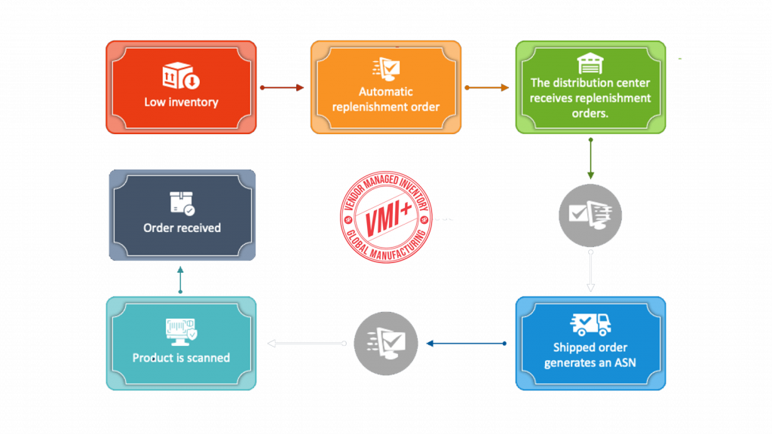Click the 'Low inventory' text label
pos(181,102)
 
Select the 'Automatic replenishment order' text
pos(386,99)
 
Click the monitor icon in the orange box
pos(386,69)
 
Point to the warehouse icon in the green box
pos(590,63)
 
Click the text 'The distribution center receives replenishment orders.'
pos(590,98)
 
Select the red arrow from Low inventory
pos(283,87)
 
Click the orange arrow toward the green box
pos(488,87)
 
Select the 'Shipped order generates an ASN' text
pos(590,355)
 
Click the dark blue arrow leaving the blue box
pos(465,344)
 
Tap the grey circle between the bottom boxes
pos(385,343)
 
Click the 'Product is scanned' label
pos(181,358)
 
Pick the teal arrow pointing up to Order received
pos(181,279)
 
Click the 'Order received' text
pos(182,228)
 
